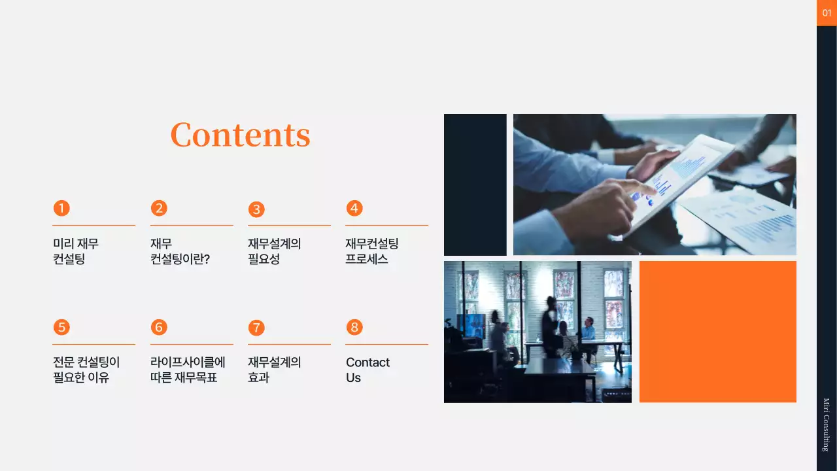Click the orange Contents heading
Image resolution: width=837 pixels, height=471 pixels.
click(x=240, y=135)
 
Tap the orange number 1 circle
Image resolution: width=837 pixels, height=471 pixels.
click(x=61, y=208)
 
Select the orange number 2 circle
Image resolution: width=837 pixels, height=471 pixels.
click(x=159, y=208)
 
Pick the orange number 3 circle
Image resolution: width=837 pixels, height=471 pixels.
click(x=256, y=209)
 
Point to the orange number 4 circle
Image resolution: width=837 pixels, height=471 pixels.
click(x=354, y=208)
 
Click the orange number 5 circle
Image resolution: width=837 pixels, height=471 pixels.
click(x=61, y=327)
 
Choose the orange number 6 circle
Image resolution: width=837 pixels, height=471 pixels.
click(x=159, y=327)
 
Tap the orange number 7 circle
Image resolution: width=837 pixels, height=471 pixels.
click(x=256, y=327)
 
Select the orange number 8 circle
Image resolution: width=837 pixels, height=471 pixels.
click(x=354, y=327)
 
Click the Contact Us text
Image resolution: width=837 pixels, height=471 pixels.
click(x=367, y=370)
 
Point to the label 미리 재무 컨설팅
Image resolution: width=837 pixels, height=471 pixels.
click(x=76, y=251)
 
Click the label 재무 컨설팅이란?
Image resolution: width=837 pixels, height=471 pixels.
click(x=180, y=251)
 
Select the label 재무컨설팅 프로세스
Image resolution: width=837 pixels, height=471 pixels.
click(x=371, y=251)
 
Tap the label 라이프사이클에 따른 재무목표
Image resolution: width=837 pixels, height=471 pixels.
click(x=188, y=370)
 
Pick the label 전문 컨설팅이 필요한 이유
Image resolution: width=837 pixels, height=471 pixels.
click(x=86, y=370)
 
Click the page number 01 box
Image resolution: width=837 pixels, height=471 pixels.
click(x=827, y=13)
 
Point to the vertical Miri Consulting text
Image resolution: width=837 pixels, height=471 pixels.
click(x=826, y=425)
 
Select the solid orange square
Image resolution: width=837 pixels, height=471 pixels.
click(x=717, y=332)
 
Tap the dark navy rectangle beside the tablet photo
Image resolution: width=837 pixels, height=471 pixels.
click(x=475, y=184)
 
